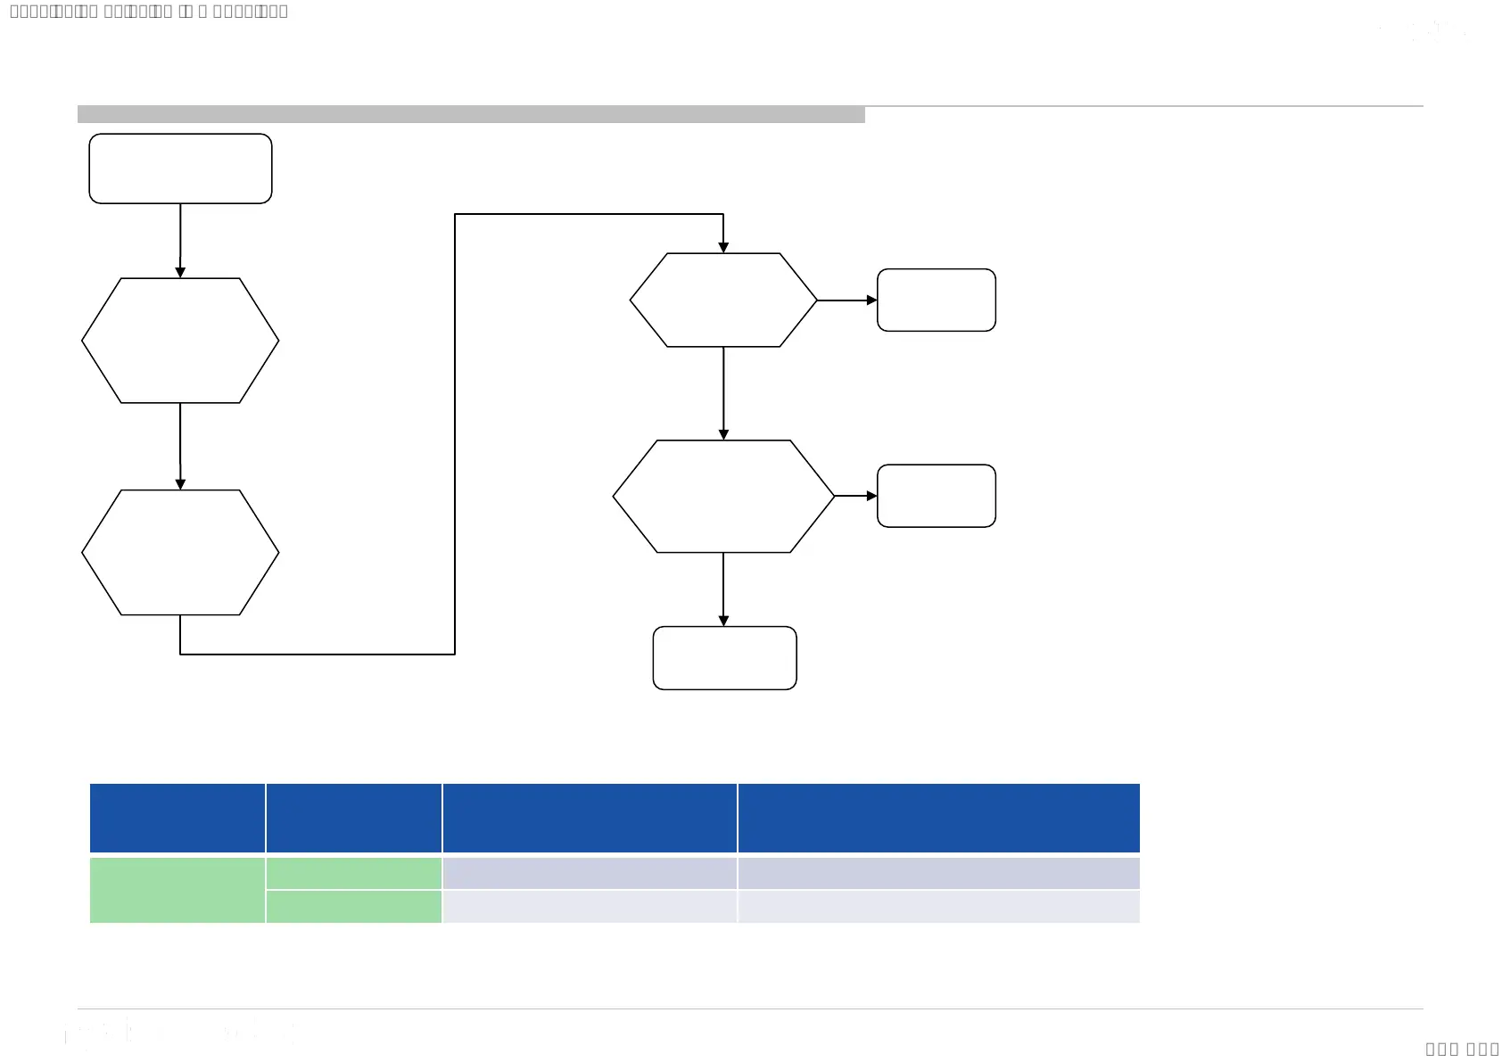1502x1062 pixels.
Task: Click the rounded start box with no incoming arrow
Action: [x=180, y=169]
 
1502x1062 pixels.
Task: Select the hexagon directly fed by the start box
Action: [x=180, y=341]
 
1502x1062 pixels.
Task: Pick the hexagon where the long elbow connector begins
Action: [x=180, y=552]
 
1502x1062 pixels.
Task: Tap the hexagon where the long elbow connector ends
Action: [x=723, y=300]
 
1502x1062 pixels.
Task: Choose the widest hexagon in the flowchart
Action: [x=723, y=497]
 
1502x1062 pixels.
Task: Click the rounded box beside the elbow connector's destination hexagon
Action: [x=936, y=300]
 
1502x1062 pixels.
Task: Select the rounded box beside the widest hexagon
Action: [x=936, y=496]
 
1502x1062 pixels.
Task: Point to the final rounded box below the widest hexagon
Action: [x=724, y=658]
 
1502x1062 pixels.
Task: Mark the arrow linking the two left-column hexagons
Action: [x=180, y=445]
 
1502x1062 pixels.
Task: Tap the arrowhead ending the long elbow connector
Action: [x=723, y=247]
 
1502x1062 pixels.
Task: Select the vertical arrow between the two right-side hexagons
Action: [x=723, y=392]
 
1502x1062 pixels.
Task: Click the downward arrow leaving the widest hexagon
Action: [x=723, y=589]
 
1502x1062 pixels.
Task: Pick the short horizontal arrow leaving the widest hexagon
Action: [x=854, y=496]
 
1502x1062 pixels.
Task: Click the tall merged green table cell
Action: [x=177, y=890]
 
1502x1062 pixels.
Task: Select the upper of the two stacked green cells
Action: [x=354, y=873]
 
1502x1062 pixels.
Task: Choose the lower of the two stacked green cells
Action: [x=354, y=907]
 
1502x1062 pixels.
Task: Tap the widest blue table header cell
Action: [x=938, y=818]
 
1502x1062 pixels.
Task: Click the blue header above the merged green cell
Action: [x=177, y=818]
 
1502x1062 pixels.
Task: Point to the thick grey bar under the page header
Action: [x=471, y=114]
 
